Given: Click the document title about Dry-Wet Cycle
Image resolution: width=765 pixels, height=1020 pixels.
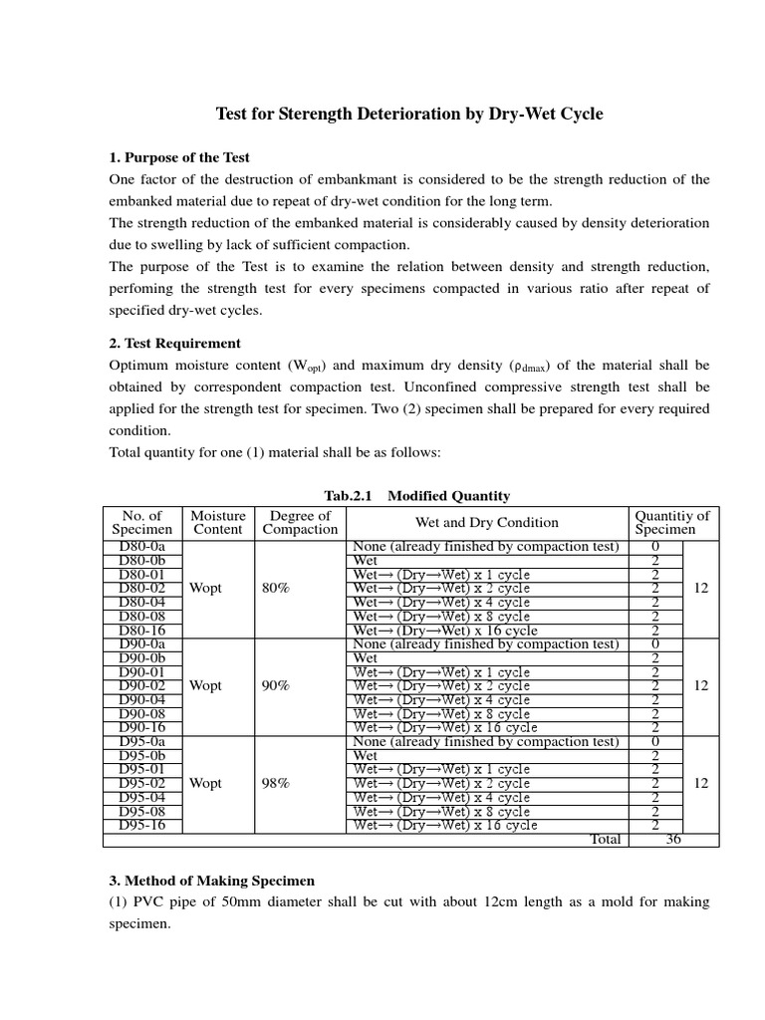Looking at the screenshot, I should point(409,115).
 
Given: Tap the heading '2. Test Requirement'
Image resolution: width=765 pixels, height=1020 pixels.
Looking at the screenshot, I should point(174,344).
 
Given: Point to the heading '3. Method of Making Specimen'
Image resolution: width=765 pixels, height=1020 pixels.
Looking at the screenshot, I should point(211,881).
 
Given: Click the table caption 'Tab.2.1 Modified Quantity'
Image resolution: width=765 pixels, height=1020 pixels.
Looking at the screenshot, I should point(417,495).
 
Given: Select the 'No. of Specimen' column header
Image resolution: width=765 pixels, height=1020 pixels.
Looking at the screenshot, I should point(141,523).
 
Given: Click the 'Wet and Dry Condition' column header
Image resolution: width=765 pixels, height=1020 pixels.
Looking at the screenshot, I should point(486,523).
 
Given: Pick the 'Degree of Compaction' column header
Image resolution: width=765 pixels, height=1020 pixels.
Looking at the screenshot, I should point(300,523).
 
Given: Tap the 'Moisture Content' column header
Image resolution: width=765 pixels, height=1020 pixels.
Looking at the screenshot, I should point(217,523).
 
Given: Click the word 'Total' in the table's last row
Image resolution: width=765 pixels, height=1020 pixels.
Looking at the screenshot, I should point(606,840).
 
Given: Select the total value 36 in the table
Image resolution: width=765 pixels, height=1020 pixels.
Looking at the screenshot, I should point(673,840).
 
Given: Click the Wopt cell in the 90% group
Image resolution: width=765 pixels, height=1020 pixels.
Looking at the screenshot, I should point(206,686).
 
